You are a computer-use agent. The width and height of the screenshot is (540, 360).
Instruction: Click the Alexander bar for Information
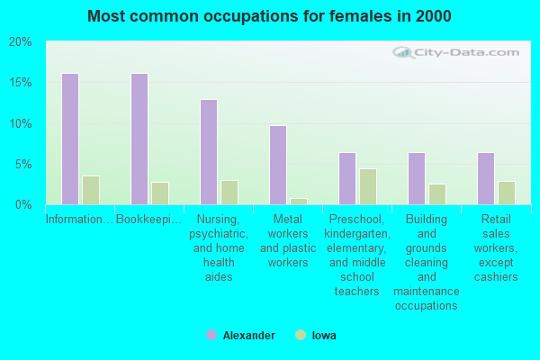(x=70, y=139)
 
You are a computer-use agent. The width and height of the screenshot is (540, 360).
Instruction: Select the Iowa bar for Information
(x=91, y=191)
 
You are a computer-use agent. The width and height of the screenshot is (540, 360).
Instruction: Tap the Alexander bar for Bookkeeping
(x=139, y=139)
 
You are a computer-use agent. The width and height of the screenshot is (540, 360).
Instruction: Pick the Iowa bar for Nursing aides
(x=229, y=193)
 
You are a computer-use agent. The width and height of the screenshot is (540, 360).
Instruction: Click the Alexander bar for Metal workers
(x=278, y=166)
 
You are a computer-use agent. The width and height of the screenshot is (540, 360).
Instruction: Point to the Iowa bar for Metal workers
(x=299, y=202)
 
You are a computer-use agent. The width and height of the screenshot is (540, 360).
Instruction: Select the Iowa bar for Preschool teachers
(x=368, y=186)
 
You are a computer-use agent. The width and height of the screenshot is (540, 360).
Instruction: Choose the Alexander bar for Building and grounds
(x=417, y=179)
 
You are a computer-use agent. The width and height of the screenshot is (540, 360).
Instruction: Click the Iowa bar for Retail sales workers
(x=507, y=193)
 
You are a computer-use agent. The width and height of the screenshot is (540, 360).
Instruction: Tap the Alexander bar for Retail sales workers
(x=486, y=179)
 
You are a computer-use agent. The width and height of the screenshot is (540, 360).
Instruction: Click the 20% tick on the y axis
(x=20, y=42)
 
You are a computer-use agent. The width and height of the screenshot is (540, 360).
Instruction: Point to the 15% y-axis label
(x=21, y=83)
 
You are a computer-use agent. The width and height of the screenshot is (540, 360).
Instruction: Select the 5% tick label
(x=23, y=165)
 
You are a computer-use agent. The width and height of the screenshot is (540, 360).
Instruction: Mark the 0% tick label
(x=23, y=205)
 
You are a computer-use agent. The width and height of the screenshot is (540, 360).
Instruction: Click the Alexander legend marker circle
(x=211, y=335)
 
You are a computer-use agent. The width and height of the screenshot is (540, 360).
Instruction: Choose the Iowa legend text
(x=324, y=336)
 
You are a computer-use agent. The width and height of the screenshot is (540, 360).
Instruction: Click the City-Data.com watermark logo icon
(x=402, y=53)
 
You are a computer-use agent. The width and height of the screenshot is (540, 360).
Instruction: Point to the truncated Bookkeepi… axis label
(x=148, y=219)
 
